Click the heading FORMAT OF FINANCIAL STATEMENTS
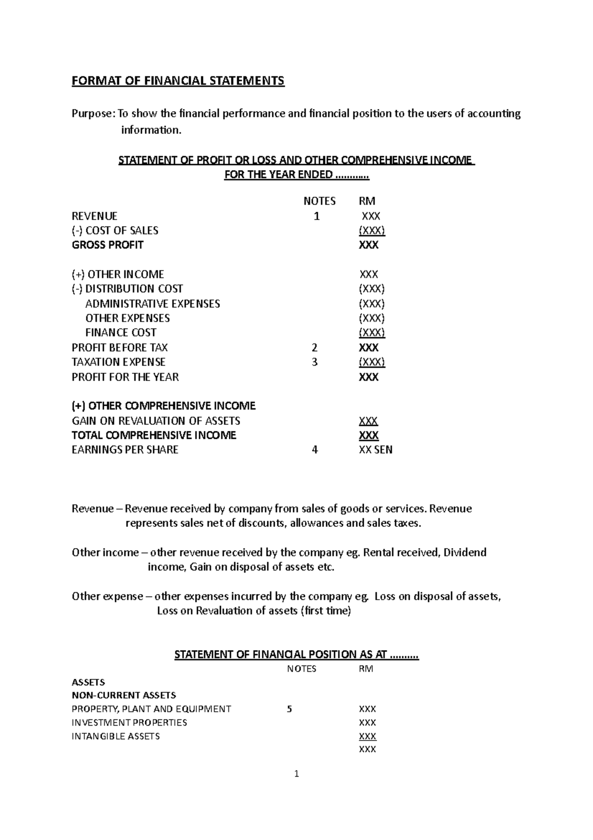(178, 81)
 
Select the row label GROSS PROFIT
(108, 245)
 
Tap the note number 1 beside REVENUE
(317, 216)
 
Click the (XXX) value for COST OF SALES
(372, 231)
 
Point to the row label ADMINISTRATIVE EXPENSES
(153, 304)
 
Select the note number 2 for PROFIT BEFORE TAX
(315, 348)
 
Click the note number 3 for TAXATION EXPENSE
(315, 362)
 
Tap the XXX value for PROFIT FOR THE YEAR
(369, 377)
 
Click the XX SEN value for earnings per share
(376, 450)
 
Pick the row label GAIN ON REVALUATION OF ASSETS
(156, 421)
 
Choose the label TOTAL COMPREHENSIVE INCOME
(154, 435)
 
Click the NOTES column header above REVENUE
(319, 201)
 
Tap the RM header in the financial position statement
(366, 669)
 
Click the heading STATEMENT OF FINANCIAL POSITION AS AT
(296, 654)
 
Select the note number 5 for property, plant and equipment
(290, 709)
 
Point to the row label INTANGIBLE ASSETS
(116, 736)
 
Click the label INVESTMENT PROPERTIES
(129, 722)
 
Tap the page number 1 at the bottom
(296, 774)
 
